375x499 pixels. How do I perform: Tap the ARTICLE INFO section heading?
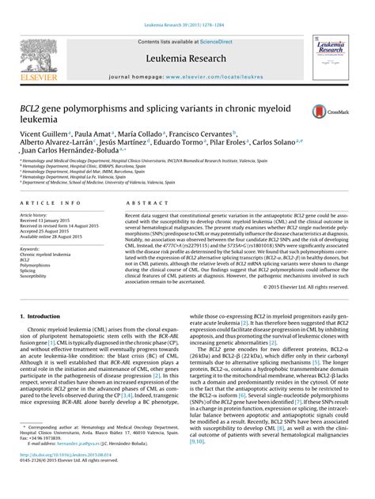[50, 203]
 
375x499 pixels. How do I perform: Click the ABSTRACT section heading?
[144, 203]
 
